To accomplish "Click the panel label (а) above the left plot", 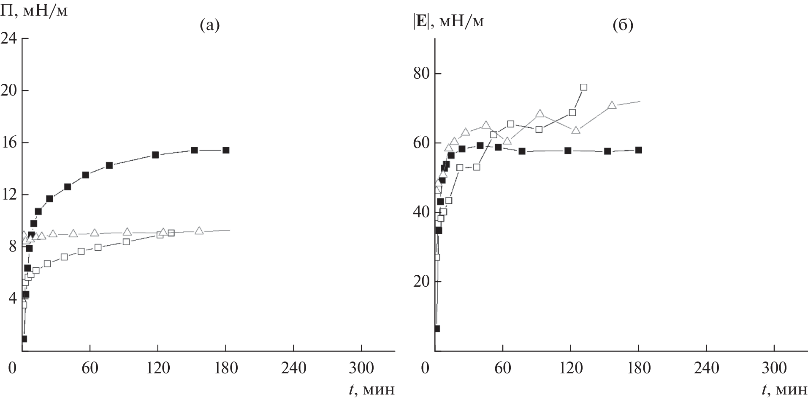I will point(210,26).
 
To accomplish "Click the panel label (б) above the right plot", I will point(623,26).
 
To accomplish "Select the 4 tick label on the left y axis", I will point(13,299).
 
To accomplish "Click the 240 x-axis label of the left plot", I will point(293,368).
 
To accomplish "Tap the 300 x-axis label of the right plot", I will point(774,368).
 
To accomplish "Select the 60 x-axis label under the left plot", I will point(90,368).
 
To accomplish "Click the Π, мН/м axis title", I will point(34,11).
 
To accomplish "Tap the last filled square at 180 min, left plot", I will point(226,150).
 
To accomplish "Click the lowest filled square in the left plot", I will point(24,339).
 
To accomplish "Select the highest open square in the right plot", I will point(584,87).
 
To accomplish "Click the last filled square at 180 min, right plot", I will point(639,150).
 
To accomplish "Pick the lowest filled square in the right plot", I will point(437,329).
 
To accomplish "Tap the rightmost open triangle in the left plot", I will point(199,231).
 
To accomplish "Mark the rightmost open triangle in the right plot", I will point(612,105).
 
